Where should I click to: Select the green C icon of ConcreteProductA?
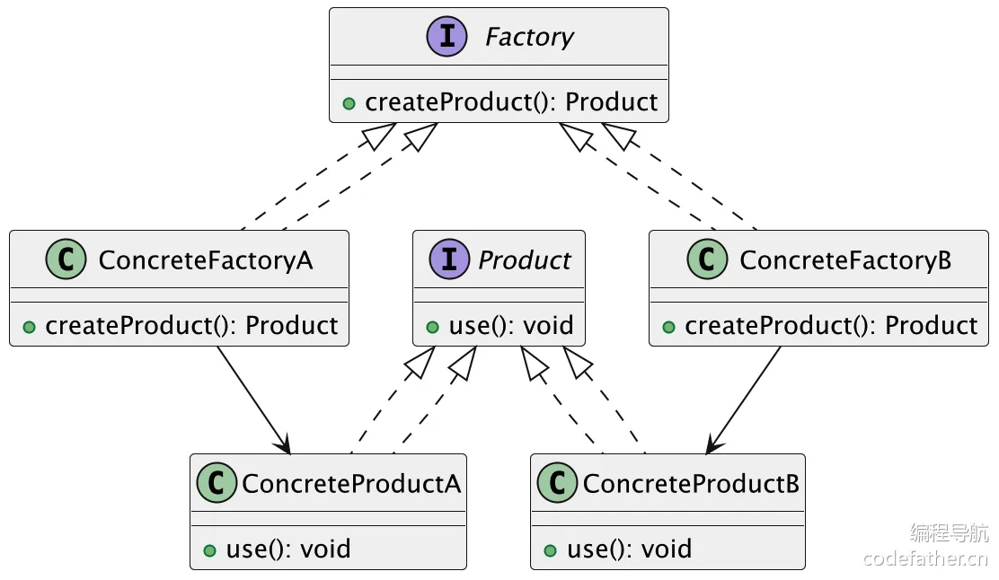click(x=216, y=484)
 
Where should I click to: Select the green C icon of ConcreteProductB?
click(x=556, y=484)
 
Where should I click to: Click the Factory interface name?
click(x=529, y=38)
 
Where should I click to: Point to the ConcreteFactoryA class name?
click(x=206, y=260)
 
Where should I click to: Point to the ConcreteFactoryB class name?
click(x=845, y=260)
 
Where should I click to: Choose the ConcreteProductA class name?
click(x=351, y=484)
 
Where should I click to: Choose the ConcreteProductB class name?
click(x=691, y=484)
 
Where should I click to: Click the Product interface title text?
click(x=525, y=260)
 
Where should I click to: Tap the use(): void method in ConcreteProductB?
click(x=629, y=549)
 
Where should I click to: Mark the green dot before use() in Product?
click(x=433, y=327)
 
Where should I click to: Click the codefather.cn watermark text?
click(x=925, y=558)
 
